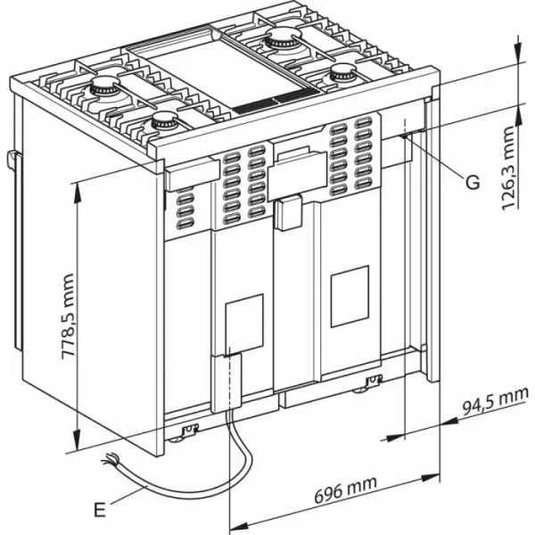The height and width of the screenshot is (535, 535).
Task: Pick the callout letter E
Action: tap(99, 510)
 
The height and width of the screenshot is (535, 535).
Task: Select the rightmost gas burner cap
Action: tap(342, 75)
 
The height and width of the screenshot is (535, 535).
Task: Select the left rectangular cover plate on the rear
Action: tap(243, 322)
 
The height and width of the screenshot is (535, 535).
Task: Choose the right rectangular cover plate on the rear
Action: tap(349, 294)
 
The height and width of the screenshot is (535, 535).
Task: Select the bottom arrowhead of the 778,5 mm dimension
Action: tap(78, 445)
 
